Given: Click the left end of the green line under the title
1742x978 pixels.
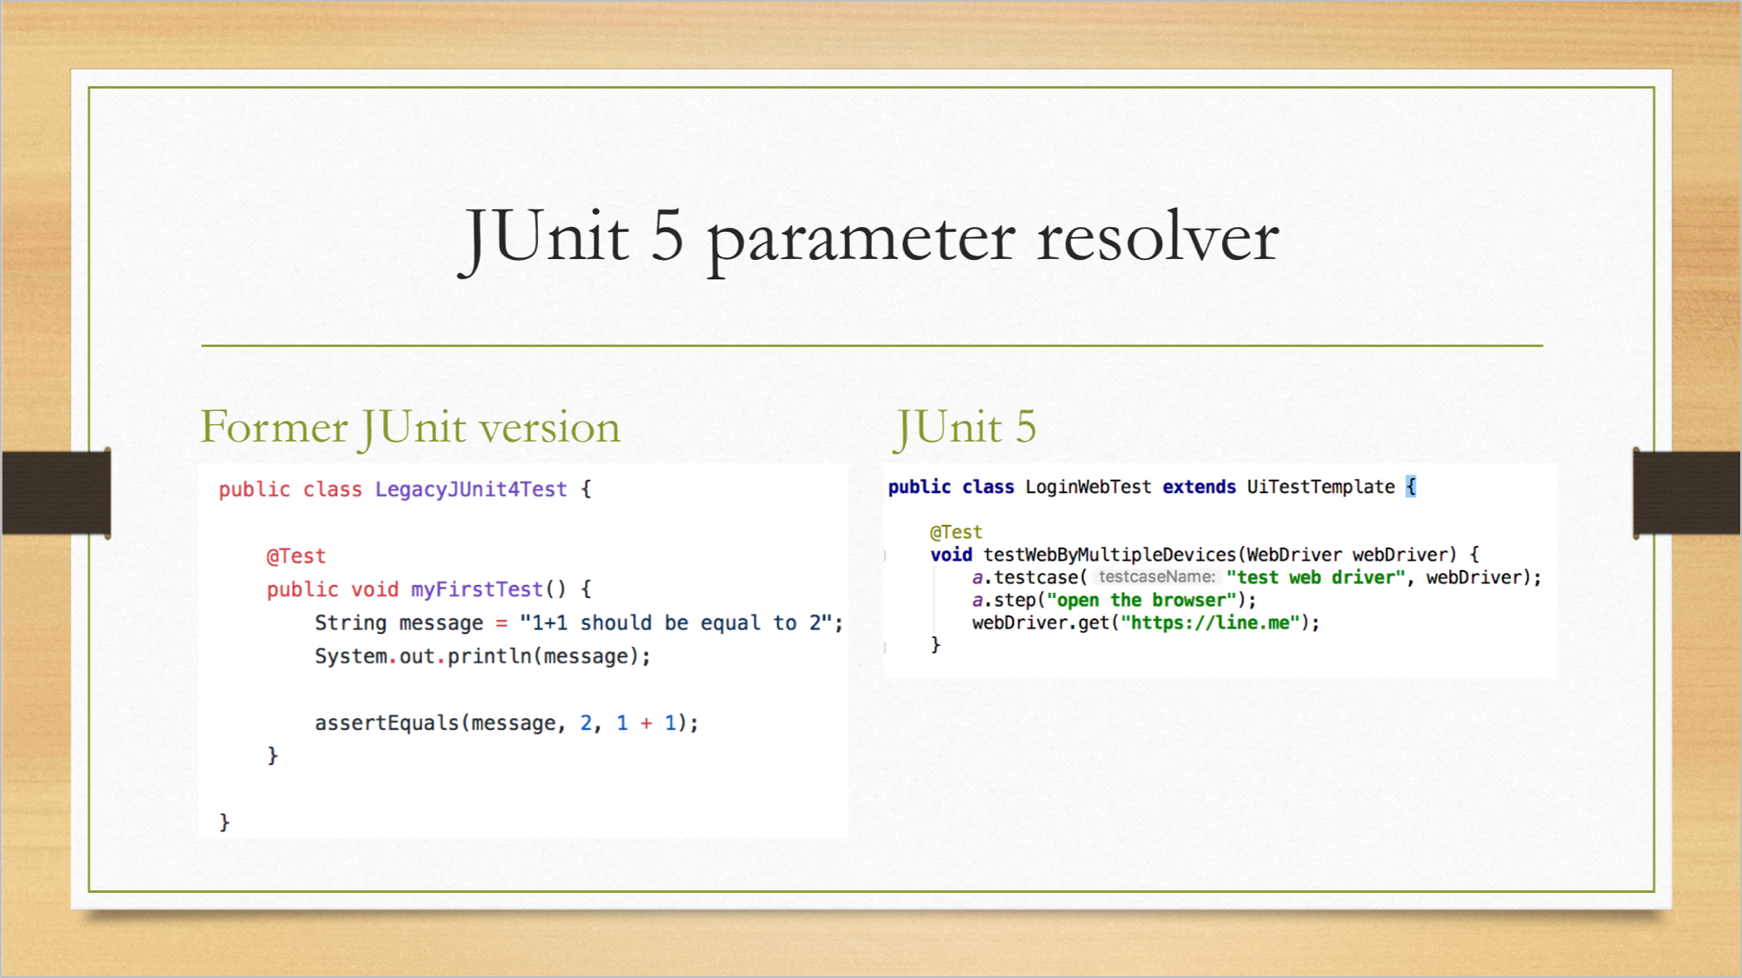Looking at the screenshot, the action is (x=202, y=345).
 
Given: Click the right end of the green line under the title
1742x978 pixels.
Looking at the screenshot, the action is (x=1543, y=345).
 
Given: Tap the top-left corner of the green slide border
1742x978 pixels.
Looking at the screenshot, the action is (x=90, y=88).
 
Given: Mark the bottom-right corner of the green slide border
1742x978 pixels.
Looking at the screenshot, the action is (x=1654, y=891).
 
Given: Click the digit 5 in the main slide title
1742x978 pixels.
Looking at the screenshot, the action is (x=668, y=237).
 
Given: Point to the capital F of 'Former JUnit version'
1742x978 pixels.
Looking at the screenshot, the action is (x=214, y=427).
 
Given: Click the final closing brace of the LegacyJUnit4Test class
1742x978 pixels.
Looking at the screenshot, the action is (x=224, y=822).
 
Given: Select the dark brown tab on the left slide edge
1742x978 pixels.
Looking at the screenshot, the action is (x=57, y=493).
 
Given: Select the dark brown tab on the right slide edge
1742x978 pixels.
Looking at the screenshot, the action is (x=1686, y=493).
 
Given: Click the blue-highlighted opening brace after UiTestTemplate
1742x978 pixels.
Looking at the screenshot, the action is (x=1411, y=487).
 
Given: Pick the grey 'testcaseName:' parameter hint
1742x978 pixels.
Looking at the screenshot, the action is (x=1156, y=576).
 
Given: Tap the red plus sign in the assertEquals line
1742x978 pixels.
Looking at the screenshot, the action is (x=646, y=723).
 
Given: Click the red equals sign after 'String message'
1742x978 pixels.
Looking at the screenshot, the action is (x=502, y=623).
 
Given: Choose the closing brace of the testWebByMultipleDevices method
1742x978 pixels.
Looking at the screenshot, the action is (x=935, y=644).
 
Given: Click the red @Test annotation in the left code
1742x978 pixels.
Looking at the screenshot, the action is (x=296, y=556).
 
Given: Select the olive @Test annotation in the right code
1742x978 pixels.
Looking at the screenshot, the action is (x=956, y=532).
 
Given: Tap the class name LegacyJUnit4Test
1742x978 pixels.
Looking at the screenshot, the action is (x=471, y=489).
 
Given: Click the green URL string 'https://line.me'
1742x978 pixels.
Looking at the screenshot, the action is (x=1210, y=622).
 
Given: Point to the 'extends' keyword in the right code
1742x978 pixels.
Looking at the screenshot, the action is (x=1200, y=487).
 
